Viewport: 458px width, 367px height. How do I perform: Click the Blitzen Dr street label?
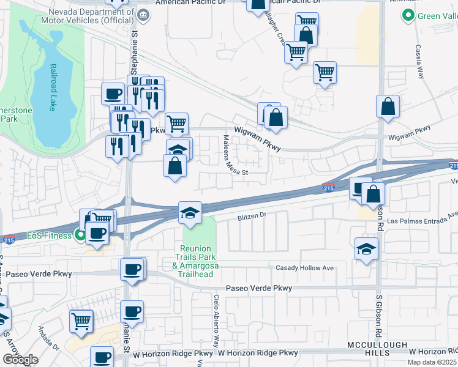[x=253, y=216]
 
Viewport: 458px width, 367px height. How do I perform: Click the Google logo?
[x=20, y=360]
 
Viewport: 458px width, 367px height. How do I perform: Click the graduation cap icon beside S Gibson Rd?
[x=366, y=249]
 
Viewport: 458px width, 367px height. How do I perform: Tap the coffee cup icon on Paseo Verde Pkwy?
[x=132, y=269]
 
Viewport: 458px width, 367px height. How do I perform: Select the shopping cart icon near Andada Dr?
[x=81, y=321]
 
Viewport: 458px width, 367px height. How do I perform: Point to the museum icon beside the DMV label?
[x=143, y=15]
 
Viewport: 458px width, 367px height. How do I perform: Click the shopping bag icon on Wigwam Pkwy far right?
[x=388, y=107]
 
